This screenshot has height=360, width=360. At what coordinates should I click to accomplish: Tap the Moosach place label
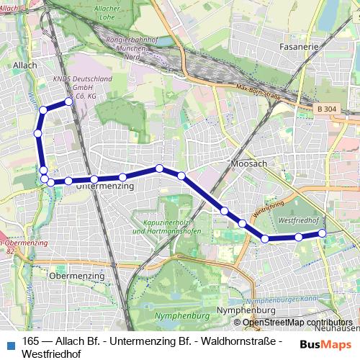pos(249,163)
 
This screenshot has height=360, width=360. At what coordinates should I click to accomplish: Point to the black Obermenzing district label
pos(71,275)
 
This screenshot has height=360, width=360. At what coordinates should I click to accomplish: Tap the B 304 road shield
pos(326,109)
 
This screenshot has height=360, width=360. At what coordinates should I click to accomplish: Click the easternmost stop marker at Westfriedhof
pos(322,233)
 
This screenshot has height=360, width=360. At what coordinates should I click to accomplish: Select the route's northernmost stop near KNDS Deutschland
pos(69,102)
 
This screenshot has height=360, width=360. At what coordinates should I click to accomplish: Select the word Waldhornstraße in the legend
pos(244,341)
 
